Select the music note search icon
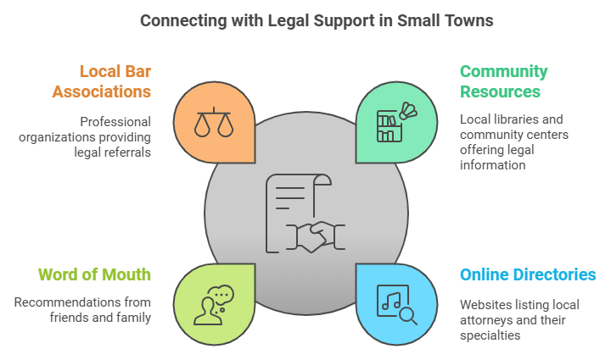(x=395, y=303)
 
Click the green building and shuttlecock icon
(x=396, y=124)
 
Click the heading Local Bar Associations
(x=107, y=80)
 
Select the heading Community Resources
(x=504, y=80)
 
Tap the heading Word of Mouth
(x=95, y=274)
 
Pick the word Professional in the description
(x=116, y=120)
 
